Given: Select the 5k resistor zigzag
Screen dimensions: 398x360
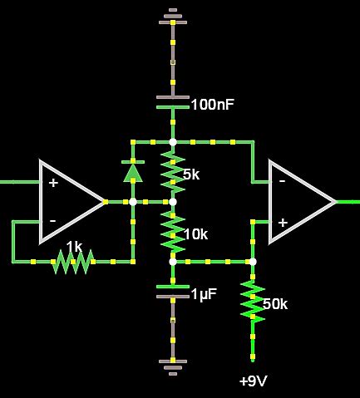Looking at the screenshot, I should [173, 170].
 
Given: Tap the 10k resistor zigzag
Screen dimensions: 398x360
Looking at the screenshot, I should [173, 232].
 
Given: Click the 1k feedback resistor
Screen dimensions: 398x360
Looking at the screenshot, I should [72, 262].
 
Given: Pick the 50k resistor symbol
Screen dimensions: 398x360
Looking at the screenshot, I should [253, 301].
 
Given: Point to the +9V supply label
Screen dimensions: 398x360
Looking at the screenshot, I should [253, 381].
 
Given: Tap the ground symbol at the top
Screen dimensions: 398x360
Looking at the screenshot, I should [173, 14].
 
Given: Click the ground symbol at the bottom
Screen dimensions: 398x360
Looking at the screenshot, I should [173, 364].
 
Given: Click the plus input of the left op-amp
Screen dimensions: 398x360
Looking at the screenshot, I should [53, 182].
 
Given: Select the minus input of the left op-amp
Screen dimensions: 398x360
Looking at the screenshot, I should [53, 220].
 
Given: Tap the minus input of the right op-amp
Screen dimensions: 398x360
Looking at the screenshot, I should [283, 180].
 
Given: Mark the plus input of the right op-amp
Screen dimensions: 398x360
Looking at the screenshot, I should [283, 222].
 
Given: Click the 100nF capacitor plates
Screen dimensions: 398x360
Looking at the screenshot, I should [173, 102].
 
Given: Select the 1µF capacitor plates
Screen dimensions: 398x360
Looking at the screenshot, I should [173, 291].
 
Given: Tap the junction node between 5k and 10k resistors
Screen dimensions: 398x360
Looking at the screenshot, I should [173, 201].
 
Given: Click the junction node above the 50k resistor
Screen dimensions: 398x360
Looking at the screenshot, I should [253, 262].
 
